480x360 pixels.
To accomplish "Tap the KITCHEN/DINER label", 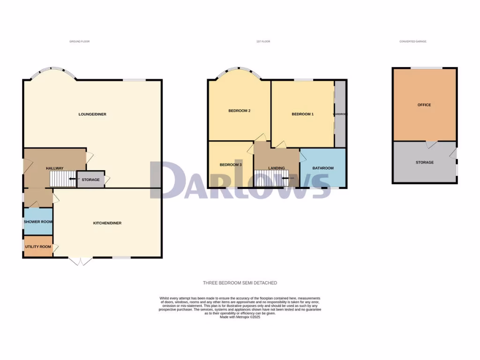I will [x=107, y=223].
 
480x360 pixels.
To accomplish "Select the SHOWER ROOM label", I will [x=38, y=222].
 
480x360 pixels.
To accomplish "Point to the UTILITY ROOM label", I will [x=38, y=247].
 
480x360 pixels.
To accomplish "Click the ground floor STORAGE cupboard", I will [x=90, y=180].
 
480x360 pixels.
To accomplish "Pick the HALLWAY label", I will [x=54, y=168].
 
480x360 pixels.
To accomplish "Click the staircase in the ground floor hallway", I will [x=63, y=179].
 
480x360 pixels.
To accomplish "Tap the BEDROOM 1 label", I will [x=302, y=114].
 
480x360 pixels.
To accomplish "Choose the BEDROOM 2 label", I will [x=239, y=111].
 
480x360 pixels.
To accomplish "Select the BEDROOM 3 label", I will [x=231, y=165].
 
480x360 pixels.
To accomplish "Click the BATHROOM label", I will [x=323, y=168].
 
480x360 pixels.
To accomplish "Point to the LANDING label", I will [x=277, y=168].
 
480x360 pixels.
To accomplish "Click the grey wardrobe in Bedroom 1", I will [x=340, y=114].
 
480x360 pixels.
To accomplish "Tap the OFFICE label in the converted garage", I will [x=424, y=105].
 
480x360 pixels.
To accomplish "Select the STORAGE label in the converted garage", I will [x=424, y=163].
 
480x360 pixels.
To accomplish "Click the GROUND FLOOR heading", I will [x=79, y=42].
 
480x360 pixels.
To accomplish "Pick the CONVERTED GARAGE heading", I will [x=412, y=42].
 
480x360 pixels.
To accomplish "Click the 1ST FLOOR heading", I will [x=263, y=42].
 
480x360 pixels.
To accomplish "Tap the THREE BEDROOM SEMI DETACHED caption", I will [x=240, y=283].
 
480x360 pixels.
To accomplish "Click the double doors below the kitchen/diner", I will [x=80, y=262].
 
